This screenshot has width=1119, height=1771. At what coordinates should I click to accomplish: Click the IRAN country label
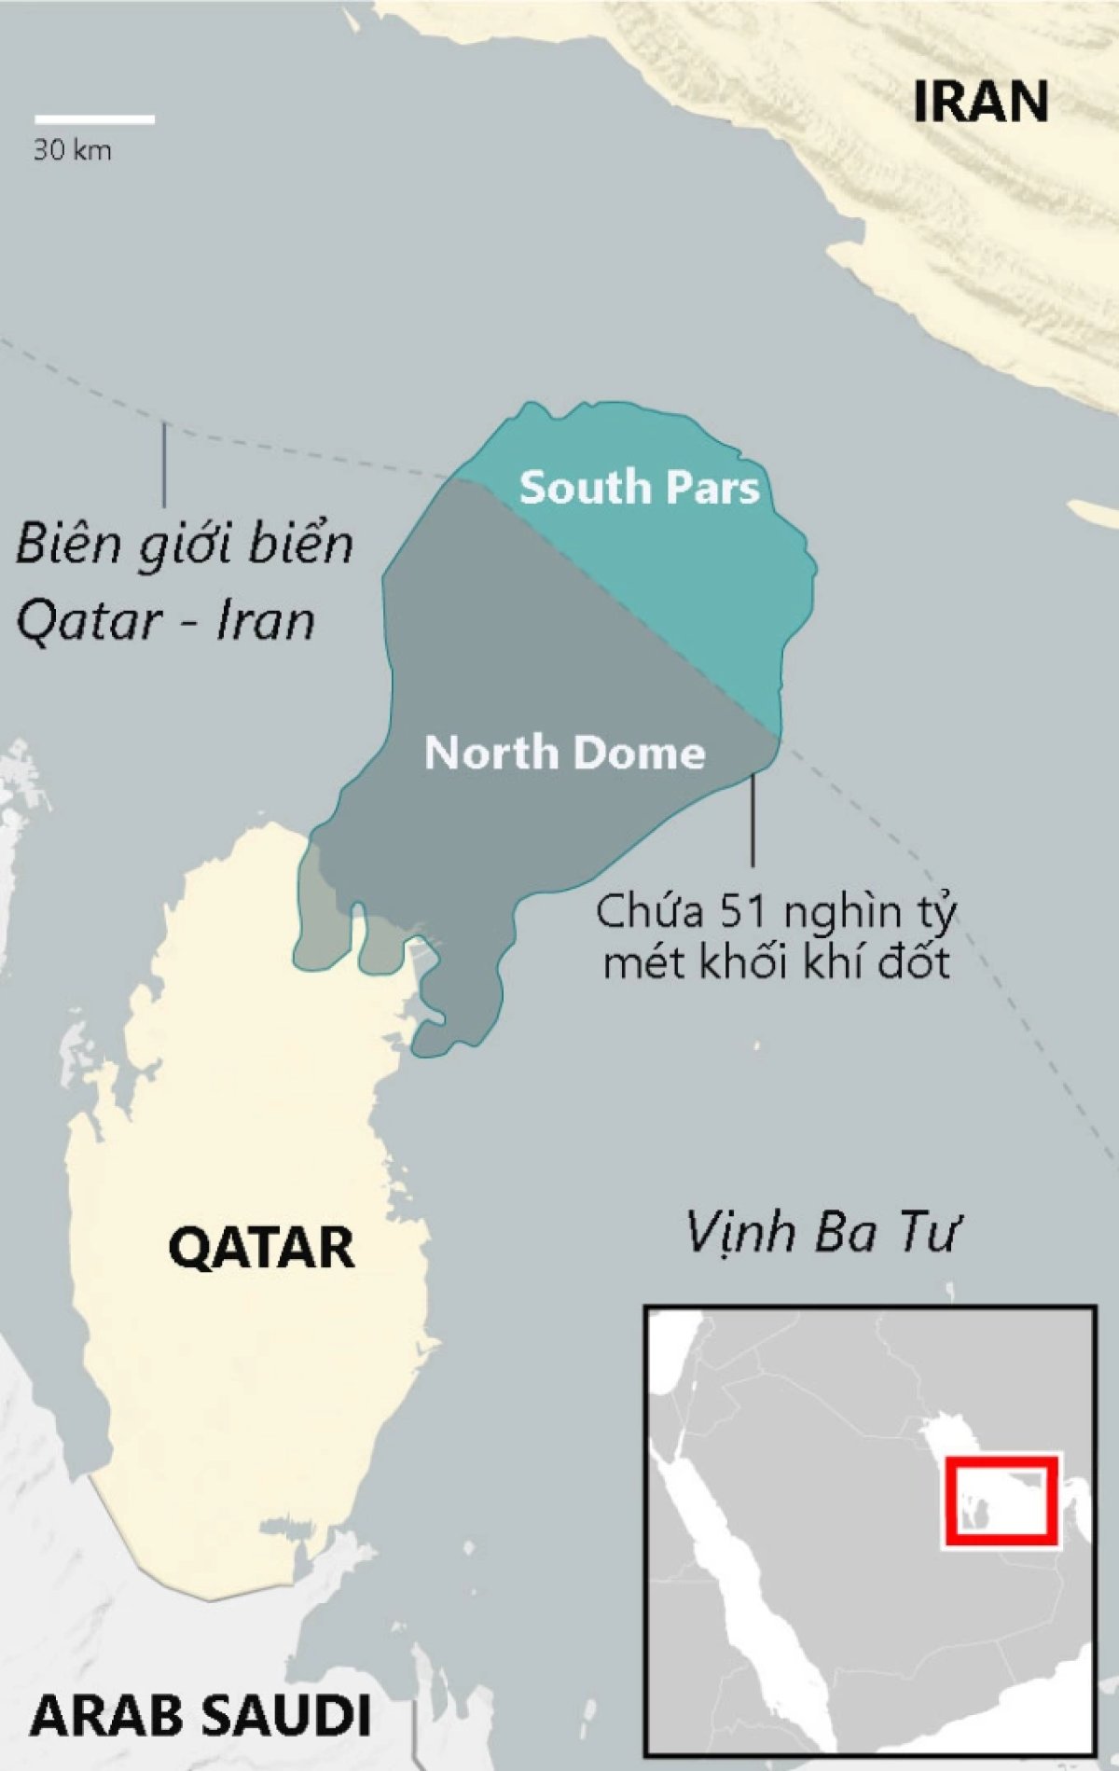(980, 102)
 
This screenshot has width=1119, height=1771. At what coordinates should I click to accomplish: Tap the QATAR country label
(261, 1247)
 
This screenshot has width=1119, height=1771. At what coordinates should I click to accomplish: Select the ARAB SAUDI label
(200, 1714)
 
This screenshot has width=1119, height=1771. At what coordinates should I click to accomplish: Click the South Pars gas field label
(639, 488)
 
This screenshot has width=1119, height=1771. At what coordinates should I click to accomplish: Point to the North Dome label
(564, 753)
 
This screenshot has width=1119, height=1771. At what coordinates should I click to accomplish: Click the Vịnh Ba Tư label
(822, 1232)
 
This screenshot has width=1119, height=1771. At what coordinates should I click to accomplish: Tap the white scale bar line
(94, 119)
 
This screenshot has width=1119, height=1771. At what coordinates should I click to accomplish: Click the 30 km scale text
(72, 150)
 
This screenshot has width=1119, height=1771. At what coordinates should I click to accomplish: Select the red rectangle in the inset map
(1001, 1500)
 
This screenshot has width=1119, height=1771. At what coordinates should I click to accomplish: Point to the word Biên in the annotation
(70, 544)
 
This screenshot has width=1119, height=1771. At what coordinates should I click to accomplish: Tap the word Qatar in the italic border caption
(88, 620)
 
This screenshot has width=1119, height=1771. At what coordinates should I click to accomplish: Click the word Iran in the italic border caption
(266, 620)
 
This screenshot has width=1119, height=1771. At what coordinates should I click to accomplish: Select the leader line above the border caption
(164, 464)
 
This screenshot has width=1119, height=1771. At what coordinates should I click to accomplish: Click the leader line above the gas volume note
(753, 821)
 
